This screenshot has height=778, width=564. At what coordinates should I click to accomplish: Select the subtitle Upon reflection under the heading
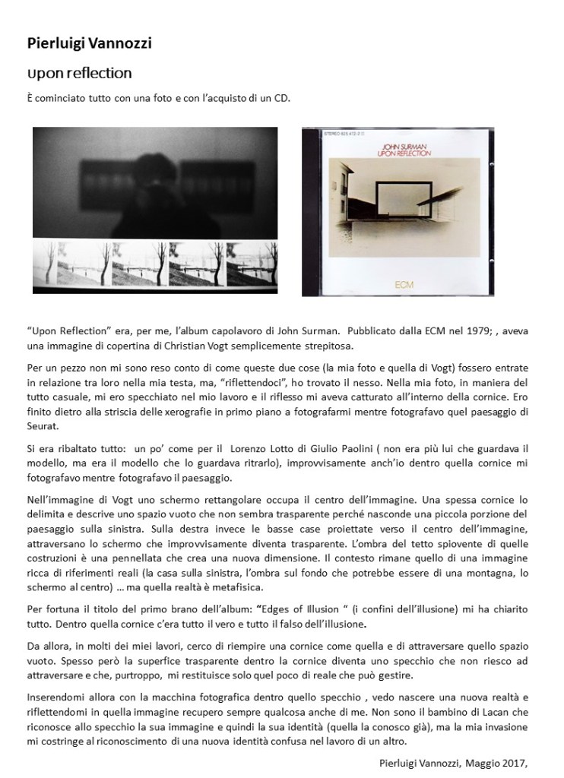79,73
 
